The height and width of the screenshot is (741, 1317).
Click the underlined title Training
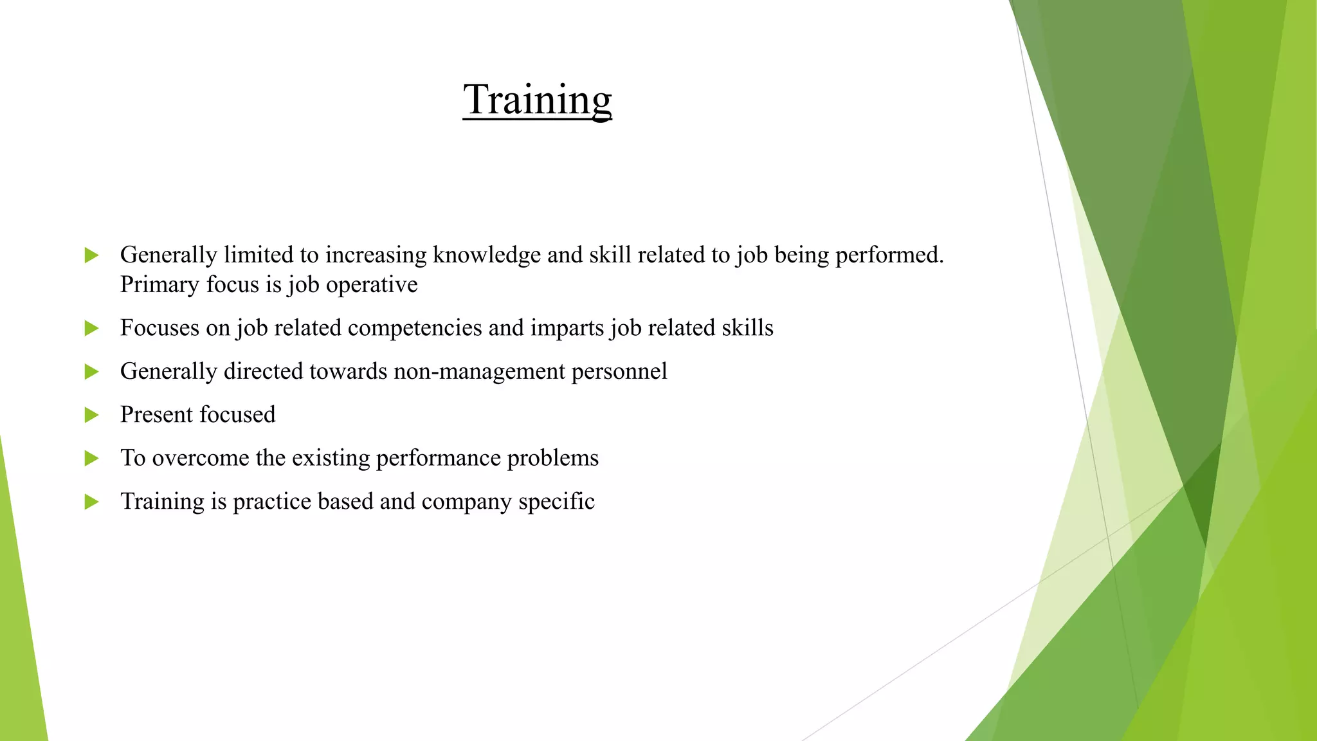click(537, 100)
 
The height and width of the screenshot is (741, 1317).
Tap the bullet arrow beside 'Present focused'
click(91, 415)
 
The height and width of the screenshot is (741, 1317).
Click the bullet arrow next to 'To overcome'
click(91, 459)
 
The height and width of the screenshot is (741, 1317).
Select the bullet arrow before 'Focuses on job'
click(91, 329)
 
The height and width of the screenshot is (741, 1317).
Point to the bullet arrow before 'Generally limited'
click(91, 255)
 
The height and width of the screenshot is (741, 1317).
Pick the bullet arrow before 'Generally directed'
click(91, 372)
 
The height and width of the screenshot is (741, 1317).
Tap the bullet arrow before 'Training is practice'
click(91, 502)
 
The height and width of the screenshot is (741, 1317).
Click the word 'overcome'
click(200, 458)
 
